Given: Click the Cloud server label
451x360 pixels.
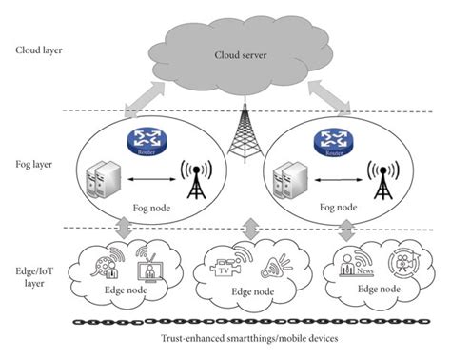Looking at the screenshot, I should (x=243, y=54).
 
